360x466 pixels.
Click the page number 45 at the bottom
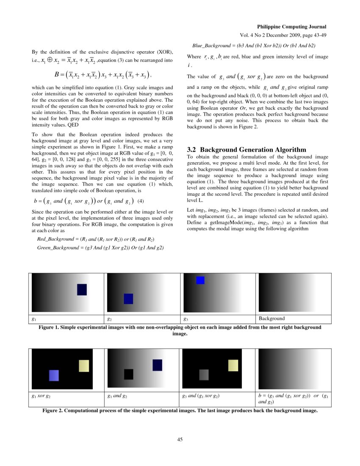180,439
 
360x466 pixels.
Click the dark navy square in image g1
82,289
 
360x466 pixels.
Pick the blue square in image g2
128,299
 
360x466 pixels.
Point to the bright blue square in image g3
200,280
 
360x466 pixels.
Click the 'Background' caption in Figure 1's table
271,319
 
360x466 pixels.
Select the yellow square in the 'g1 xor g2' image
84,366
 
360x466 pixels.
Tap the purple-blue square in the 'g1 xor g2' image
54,375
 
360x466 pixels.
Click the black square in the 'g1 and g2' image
129,374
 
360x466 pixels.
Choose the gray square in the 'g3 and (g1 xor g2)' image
204,374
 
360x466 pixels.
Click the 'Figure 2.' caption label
54,411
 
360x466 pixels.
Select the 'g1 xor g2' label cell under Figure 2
42,396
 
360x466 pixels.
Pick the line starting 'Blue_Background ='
254,45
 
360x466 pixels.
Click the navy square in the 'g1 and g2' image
157,365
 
